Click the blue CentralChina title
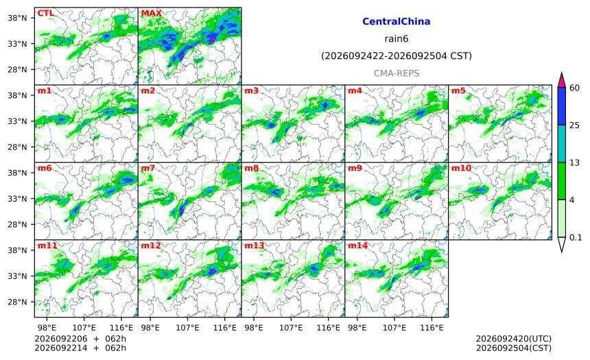397,21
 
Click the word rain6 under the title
397,39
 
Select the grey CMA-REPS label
397,73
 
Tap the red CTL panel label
45,13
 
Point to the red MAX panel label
151,13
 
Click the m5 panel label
458,91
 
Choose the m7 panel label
148,168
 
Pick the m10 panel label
461,168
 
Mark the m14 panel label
357,245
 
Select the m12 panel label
151,245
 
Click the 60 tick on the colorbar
575,88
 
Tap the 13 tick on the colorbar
574,163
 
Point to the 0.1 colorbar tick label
576,237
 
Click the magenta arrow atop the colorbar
561,80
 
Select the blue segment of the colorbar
561,106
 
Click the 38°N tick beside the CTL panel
17,18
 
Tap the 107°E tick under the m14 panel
394,328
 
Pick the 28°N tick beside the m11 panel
17,302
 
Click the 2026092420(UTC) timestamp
514,339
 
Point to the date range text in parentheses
397,56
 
